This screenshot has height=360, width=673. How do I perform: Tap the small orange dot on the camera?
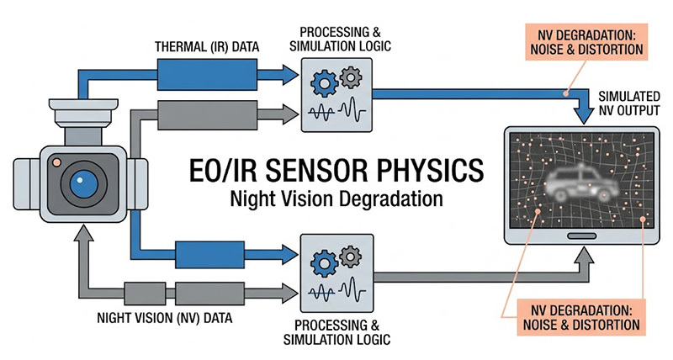click(56, 162)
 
